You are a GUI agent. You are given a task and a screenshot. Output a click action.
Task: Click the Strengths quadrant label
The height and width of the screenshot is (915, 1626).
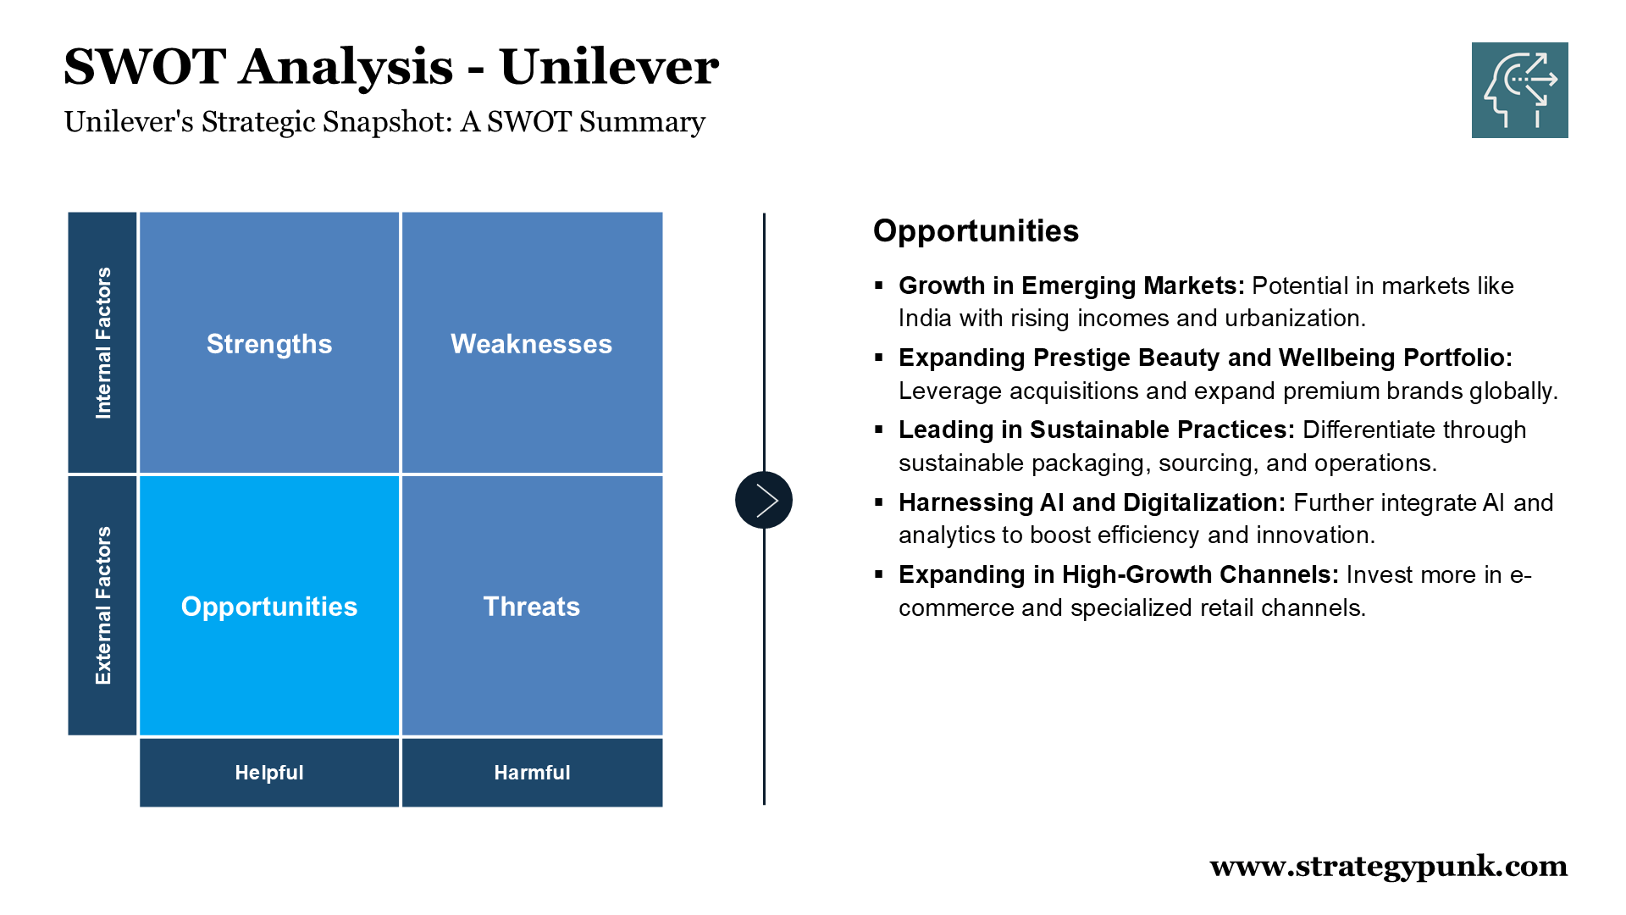pos(269,344)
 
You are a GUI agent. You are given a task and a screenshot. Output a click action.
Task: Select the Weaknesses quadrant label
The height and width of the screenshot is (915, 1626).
pos(531,344)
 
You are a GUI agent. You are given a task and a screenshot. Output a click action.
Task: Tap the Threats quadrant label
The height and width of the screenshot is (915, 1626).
pos(532,607)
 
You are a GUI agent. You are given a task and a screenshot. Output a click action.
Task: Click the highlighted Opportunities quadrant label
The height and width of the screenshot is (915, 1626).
pos(269,607)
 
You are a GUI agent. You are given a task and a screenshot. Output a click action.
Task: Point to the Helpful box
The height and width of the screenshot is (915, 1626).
pos(269,773)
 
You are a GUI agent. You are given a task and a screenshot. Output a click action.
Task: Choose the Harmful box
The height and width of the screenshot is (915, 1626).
pos(533,773)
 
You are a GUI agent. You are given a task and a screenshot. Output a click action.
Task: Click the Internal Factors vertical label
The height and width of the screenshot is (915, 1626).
pos(103,343)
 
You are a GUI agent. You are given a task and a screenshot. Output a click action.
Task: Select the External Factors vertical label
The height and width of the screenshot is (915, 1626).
pos(103,606)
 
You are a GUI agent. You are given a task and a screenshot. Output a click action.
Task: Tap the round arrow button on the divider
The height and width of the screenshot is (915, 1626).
pos(764,500)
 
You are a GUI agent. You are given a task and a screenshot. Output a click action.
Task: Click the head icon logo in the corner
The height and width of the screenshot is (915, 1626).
pos(1520,90)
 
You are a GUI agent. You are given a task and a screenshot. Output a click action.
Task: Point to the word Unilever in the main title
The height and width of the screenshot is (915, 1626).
pos(609,67)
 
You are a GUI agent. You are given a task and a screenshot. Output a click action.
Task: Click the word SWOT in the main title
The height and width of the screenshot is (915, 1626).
pos(144,67)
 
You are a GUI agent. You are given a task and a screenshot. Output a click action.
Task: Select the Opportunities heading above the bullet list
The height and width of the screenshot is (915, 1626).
pos(976,231)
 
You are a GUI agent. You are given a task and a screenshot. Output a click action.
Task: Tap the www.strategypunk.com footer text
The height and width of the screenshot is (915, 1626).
pos(1389,867)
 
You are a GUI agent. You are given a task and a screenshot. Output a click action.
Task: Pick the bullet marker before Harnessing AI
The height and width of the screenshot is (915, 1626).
pos(879,502)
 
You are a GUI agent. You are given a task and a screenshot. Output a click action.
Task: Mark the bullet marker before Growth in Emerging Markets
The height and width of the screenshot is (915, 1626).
pos(879,286)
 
